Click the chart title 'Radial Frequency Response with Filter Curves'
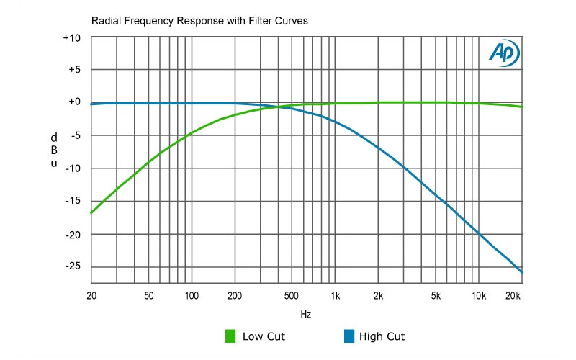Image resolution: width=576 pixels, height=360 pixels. click(x=199, y=21)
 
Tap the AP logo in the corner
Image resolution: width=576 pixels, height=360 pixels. click(x=503, y=53)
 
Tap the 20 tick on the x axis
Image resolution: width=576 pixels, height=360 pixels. click(x=91, y=296)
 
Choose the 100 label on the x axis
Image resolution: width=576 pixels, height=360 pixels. click(x=192, y=296)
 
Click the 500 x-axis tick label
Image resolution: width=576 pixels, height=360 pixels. click(x=292, y=296)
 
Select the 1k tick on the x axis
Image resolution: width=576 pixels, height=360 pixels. click(x=336, y=296)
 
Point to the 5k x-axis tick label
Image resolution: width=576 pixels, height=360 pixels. click(x=436, y=296)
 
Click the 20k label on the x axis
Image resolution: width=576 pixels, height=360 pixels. click(x=513, y=296)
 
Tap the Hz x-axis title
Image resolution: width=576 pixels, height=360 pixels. click(x=306, y=315)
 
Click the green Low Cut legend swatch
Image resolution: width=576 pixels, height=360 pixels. click(x=231, y=336)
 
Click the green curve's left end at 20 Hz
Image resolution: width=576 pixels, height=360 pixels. click(x=91, y=213)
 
